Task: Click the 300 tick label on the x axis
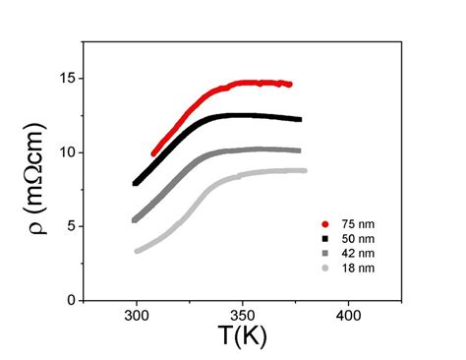[x=137, y=318]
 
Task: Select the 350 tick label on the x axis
[x=241, y=318]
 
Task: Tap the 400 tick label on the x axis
[x=346, y=318]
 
